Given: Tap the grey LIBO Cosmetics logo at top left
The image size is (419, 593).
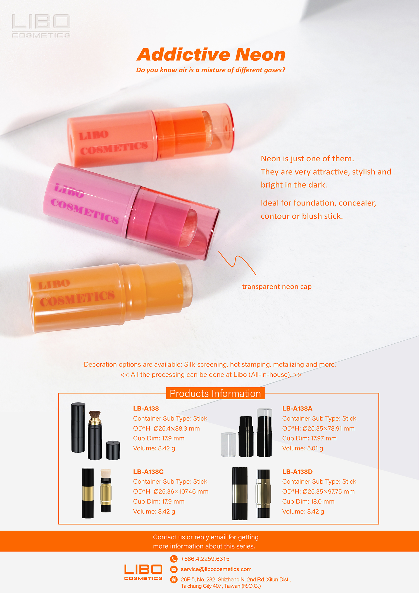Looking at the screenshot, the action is click(x=41, y=26).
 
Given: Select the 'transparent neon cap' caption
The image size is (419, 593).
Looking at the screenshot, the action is click(x=277, y=287).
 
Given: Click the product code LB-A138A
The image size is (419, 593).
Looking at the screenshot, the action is click(x=297, y=408).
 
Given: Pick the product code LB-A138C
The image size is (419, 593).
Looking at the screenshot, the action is click(x=148, y=472).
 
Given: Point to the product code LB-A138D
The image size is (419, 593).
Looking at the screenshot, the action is click(x=297, y=472).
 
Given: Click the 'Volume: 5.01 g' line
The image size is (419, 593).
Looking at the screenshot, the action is click(x=303, y=448).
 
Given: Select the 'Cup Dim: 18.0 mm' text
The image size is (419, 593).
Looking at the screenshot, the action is click(x=308, y=502).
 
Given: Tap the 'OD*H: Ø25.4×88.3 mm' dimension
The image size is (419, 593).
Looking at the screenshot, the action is click(x=166, y=428).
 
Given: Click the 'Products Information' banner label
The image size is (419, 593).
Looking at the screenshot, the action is click(x=215, y=393).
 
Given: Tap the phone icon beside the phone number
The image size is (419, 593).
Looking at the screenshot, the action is click(x=174, y=559).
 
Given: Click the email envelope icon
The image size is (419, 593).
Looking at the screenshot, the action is click(x=174, y=569).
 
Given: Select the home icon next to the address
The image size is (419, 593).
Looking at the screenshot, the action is click(x=174, y=580).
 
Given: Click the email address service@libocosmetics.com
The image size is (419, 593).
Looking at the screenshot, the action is click(x=216, y=569).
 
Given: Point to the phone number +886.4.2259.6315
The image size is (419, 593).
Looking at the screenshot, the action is click(x=205, y=559).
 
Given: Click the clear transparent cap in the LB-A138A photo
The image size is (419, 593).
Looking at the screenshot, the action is click(x=229, y=445).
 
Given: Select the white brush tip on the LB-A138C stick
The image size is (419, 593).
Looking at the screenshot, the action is click(x=106, y=473).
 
